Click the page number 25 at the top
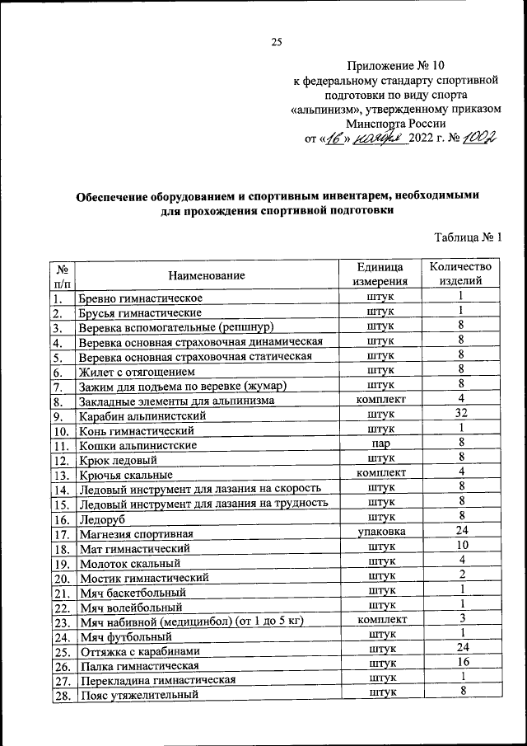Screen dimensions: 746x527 click(x=277, y=42)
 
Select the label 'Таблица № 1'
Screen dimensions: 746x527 click(x=468, y=238)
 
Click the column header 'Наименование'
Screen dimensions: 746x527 click(x=207, y=274)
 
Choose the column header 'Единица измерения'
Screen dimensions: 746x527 click(x=380, y=274)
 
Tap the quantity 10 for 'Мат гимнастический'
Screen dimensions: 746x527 click(x=462, y=547)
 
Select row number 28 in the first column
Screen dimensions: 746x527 click(x=60, y=695)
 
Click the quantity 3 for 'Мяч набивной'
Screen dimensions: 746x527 click(x=463, y=619)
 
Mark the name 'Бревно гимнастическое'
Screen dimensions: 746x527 click(x=140, y=298)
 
